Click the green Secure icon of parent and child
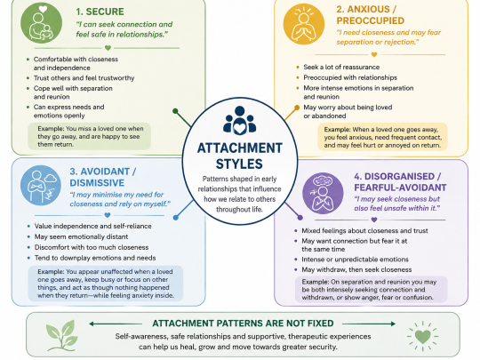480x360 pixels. pos(41,22)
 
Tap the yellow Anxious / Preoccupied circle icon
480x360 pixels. pos(304,24)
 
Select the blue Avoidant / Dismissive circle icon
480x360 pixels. pos(41,186)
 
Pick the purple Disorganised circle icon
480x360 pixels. pos(323,193)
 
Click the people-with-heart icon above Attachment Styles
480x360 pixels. pos(239,120)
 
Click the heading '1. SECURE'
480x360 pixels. pos(100,12)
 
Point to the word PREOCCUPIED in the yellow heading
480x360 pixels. pos(371,20)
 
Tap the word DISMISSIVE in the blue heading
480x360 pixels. pos(97,183)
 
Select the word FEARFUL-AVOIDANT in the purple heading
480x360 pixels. pos(400,188)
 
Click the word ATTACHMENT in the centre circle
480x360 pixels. pos(240,148)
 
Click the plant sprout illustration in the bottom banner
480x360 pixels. pos(61,335)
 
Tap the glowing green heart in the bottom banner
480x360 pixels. pos(423,336)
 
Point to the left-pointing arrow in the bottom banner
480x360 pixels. pos(116,324)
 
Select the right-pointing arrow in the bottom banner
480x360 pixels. pos(369,324)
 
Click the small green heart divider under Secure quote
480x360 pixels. pos(108,48)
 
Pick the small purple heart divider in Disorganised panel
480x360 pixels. pos(373,220)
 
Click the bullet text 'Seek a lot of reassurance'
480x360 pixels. pos(341,67)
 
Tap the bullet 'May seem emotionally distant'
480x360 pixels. pos(81,236)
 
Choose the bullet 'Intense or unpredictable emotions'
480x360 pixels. pos(355,260)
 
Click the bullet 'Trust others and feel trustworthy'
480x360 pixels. pos(84,78)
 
